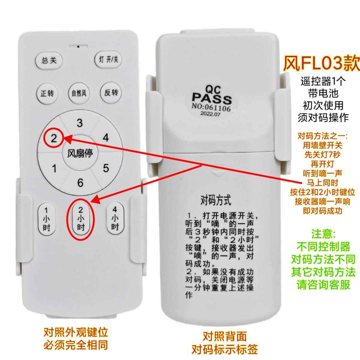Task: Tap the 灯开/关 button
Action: tap(108, 60)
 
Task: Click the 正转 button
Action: tap(47, 93)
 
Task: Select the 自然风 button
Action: tap(79, 93)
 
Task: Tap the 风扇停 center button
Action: tap(80, 154)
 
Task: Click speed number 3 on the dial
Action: tap(79, 123)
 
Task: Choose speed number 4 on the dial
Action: tap(106, 138)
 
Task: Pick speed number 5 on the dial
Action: tap(106, 168)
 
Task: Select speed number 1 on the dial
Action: tap(54, 169)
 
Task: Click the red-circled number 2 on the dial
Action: tap(54, 138)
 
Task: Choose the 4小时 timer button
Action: tap(115, 218)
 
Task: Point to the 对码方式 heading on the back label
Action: tap(216, 200)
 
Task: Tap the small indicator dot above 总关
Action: tap(78, 46)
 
